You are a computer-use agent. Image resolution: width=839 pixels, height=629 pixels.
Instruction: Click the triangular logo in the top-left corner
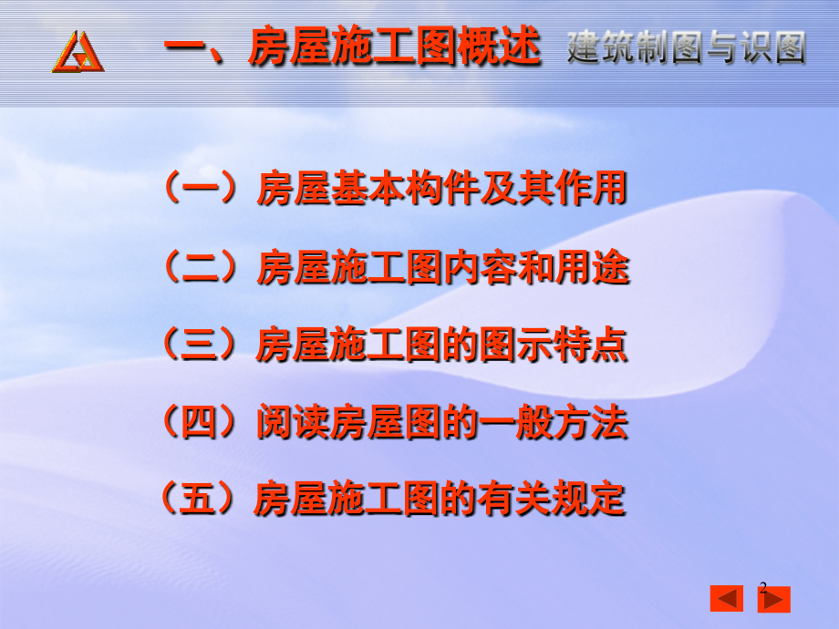pyautogui.click(x=78, y=51)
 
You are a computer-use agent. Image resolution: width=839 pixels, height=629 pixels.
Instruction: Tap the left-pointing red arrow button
pyautogui.click(x=726, y=599)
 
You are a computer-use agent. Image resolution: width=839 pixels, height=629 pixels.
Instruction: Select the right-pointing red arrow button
pyautogui.click(x=774, y=599)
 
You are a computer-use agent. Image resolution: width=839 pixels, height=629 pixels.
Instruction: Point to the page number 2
pyautogui.click(x=763, y=588)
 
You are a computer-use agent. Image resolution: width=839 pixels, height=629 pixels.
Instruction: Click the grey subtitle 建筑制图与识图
pyautogui.click(x=686, y=48)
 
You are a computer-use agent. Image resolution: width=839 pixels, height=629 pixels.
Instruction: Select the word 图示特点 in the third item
pyautogui.click(x=554, y=345)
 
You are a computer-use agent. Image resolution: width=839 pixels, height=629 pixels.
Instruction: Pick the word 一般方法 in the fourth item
pyautogui.click(x=554, y=422)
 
